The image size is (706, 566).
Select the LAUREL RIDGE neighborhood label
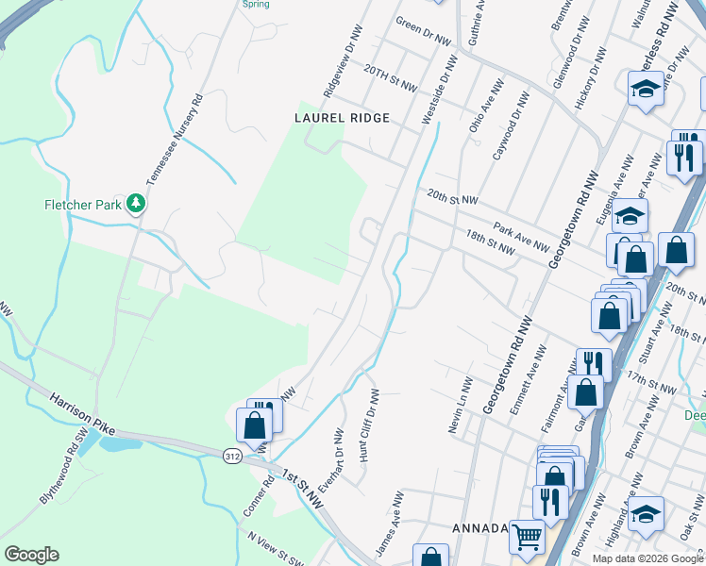(x=342, y=118)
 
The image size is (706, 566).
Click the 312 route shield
(x=232, y=456)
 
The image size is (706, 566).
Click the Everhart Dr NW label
(x=329, y=462)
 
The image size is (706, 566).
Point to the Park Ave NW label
(x=520, y=238)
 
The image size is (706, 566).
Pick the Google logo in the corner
(x=31, y=555)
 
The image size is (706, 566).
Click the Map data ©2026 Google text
(x=647, y=558)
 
